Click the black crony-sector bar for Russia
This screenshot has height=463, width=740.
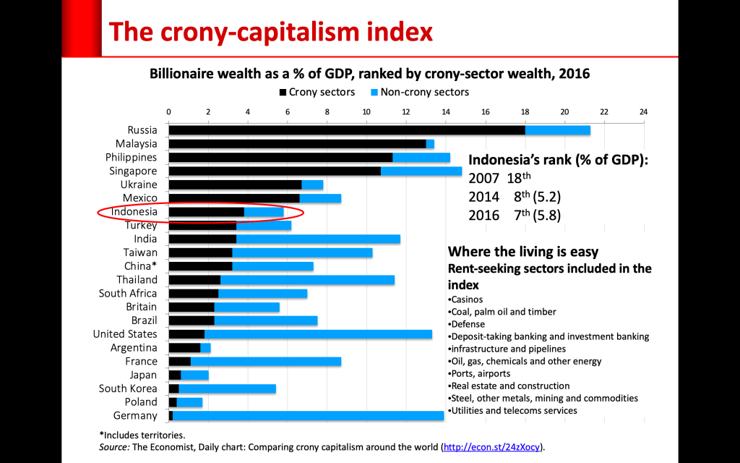[x=347, y=130]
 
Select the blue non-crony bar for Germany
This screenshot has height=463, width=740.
[x=308, y=415]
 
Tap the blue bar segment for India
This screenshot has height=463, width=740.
[x=318, y=239]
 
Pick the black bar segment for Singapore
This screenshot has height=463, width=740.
[x=275, y=171]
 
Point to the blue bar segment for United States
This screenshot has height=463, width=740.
[x=318, y=334]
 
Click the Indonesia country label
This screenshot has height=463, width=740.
[x=134, y=212]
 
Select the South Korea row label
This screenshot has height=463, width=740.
[x=128, y=388]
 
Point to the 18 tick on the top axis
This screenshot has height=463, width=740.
[x=525, y=112]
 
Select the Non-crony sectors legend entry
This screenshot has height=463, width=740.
[x=419, y=93]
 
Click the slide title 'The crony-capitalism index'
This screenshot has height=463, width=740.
[x=270, y=32]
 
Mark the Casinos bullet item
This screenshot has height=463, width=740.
[x=467, y=299]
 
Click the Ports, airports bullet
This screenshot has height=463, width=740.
[x=479, y=373]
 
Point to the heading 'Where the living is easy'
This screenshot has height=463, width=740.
[x=523, y=252]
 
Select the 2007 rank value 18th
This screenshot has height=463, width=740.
[x=519, y=177]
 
